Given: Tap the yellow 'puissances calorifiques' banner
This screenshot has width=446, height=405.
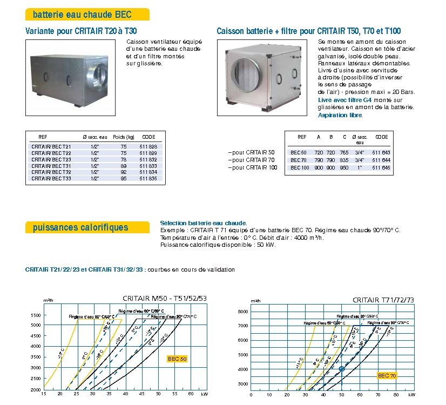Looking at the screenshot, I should tap(80, 227).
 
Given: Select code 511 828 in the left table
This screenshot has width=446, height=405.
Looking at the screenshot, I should tap(148, 146).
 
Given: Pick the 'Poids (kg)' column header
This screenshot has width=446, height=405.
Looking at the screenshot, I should tap(124, 137).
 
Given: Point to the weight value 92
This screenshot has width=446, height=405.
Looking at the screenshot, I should tap(124, 172).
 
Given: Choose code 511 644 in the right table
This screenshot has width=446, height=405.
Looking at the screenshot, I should tap(381, 160).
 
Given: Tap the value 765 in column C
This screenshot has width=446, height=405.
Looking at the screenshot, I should tap(343, 153).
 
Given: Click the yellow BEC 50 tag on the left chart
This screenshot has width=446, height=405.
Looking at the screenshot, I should tap(177, 359).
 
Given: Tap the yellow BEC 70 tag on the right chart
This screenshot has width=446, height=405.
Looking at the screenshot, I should tap(387, 375).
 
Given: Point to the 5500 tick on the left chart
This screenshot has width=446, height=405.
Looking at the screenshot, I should tap(36, 314).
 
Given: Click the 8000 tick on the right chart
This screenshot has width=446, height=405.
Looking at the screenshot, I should tap(242, 312).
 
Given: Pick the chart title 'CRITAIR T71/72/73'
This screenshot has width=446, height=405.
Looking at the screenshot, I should tap(383, 300).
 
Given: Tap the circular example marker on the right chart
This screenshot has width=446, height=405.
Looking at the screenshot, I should tap(341, 369).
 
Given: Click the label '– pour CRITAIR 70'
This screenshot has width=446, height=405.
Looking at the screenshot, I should tap(252, 160).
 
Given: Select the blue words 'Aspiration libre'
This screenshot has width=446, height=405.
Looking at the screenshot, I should tap(340, 115).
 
